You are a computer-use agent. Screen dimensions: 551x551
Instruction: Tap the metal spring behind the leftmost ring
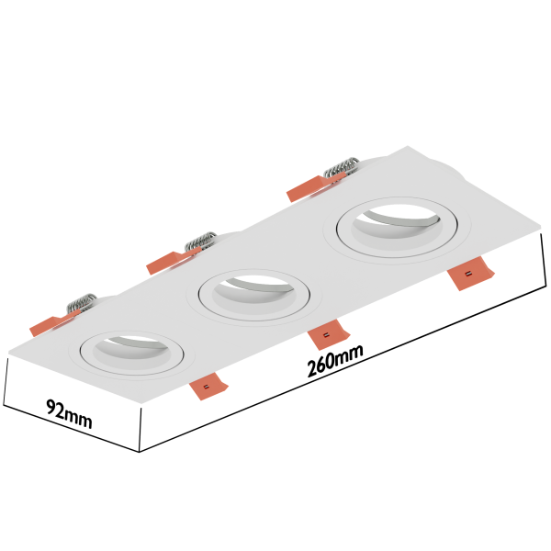click(x=83, y=302)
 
